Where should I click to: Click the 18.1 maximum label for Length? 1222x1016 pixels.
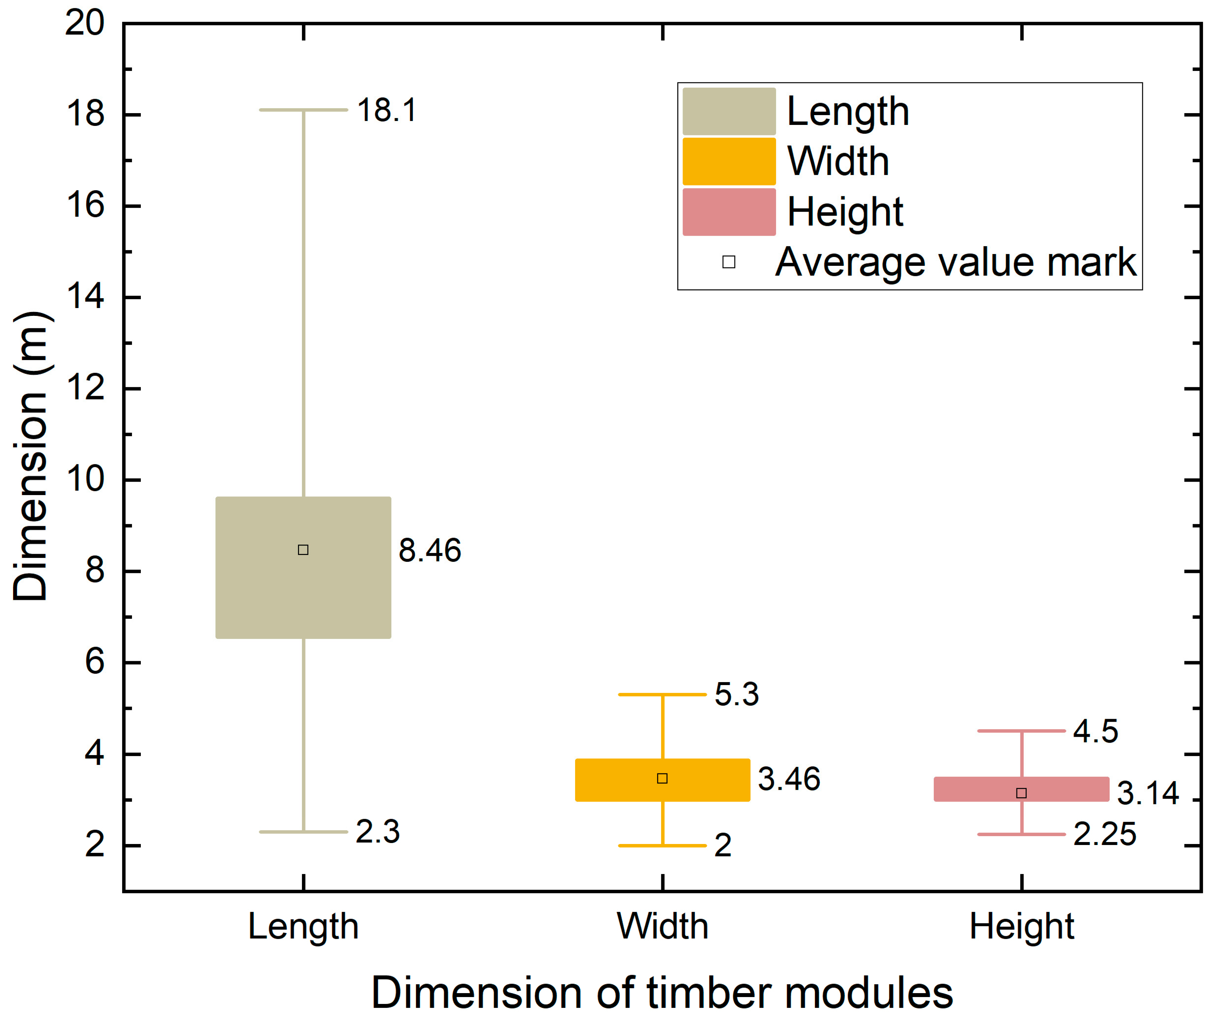(x=387, y=110)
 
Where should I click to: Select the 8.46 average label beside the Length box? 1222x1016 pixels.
(x=429, y=550)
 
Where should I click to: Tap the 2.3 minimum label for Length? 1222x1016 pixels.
(x=378, y=832)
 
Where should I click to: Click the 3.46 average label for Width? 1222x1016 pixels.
(x=789, y=779)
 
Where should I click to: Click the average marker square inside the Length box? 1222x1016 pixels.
(x=303, y=550)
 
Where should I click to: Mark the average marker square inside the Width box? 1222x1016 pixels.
(x=662, y=779)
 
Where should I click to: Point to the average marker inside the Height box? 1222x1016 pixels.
(x=1021, y=793)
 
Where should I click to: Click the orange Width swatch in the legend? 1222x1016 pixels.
(x=729, y=161)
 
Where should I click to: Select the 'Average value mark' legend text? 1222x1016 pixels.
(x=955, y=262)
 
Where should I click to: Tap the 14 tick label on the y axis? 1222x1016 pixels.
(x=86, y=297)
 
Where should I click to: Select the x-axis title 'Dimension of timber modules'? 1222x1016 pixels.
(x=662, y=992)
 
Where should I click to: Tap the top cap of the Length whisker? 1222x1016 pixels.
(x=303, y=110)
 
